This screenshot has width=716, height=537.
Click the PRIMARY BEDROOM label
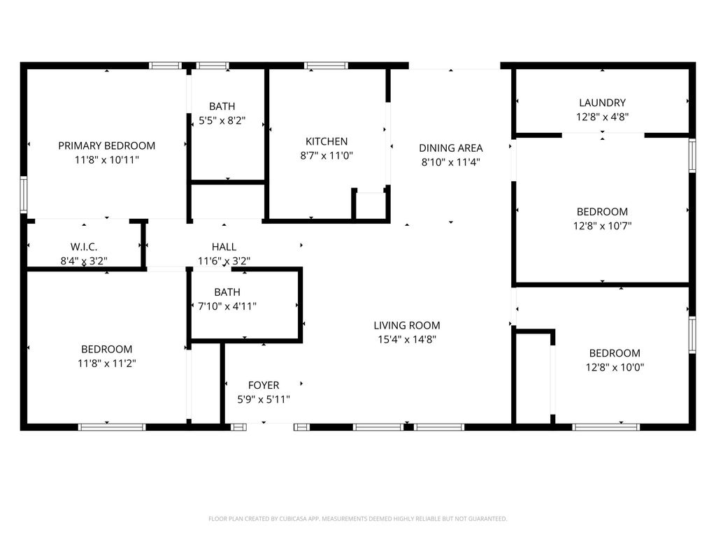point(106,145)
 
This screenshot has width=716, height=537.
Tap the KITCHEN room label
point(327,141)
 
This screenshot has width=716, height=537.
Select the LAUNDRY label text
point(602,103)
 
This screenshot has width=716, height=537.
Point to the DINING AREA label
point(451,148)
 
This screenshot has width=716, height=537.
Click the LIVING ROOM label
point(407,325)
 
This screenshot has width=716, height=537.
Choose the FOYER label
point(264,385)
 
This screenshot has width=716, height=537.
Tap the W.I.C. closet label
point(83,247)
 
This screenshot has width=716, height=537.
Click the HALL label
point(224,247)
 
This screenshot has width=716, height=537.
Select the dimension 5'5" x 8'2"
point(222,120)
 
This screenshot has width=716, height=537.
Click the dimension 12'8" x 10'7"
point(602,226)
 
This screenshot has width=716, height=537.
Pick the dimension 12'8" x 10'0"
point(615,367)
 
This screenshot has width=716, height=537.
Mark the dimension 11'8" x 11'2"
point(106,364)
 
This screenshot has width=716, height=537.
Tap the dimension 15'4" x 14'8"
point(407,339)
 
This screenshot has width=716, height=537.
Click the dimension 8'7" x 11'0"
point(327,156)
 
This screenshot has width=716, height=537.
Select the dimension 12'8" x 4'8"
point(602,117)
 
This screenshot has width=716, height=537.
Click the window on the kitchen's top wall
point(326,66)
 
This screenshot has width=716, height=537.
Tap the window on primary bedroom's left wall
point(23,194)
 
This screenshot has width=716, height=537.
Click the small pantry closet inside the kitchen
point(371,205)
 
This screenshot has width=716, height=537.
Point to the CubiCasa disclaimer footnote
point(357,519)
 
